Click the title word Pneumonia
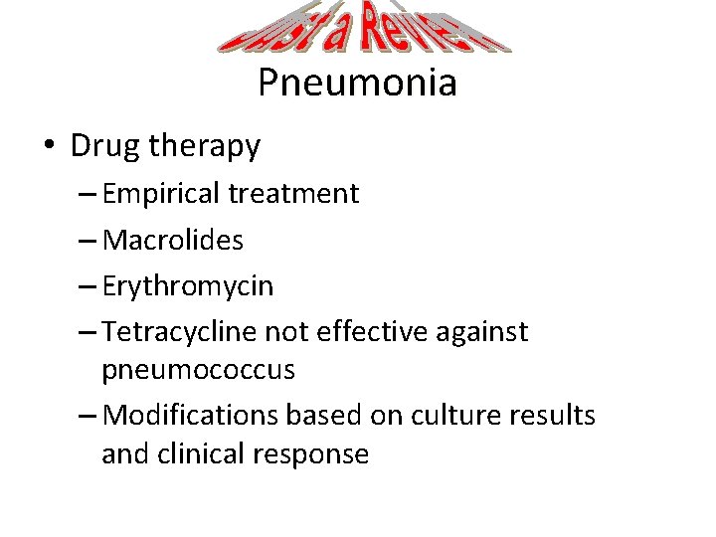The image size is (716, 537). coord(357,82)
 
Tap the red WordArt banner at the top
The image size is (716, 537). coord(364,29)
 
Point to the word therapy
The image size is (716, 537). coord(205,147)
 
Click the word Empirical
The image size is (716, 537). coord(161,193)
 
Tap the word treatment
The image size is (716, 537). coord(293,193)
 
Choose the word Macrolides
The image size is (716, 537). coord(172,240)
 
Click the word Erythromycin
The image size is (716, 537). coord(187,286)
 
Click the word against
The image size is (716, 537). coord(482,332)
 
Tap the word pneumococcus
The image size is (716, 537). coord(198,370)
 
